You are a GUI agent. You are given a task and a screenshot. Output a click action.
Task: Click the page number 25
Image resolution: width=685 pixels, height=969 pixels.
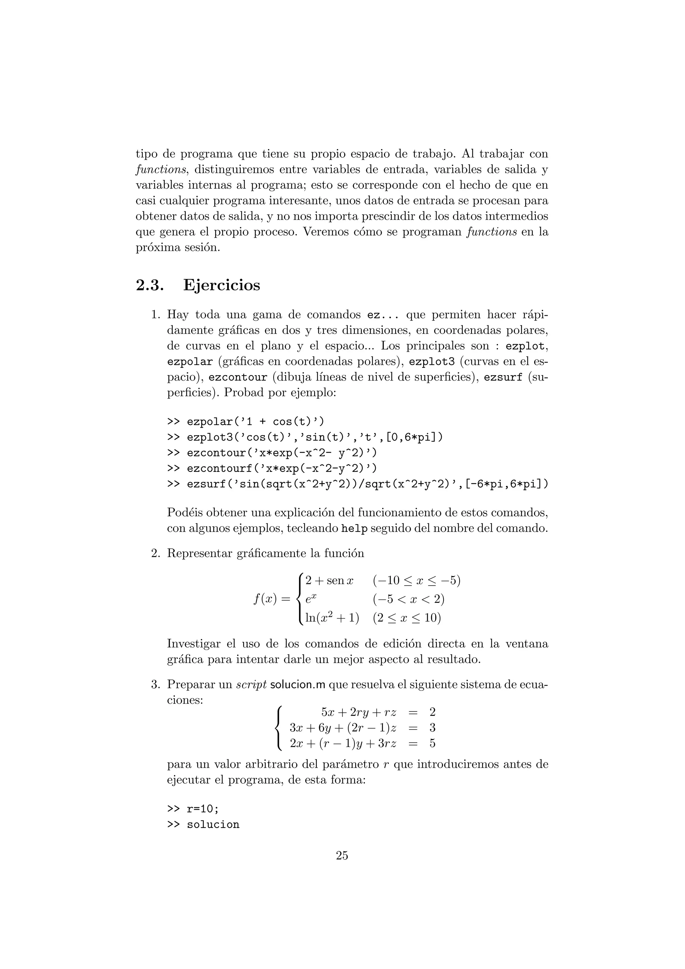[x=342, y=855]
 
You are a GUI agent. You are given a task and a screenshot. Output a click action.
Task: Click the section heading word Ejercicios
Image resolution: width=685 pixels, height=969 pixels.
[x=221, y=285]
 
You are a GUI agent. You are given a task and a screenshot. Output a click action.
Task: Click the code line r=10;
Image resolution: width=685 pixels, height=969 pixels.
[x=193, y=809]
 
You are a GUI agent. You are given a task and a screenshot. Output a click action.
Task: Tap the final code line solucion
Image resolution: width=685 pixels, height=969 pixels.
[x=203, y=824]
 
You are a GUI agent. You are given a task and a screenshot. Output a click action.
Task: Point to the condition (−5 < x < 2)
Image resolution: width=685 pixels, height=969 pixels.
[x=408, y=599]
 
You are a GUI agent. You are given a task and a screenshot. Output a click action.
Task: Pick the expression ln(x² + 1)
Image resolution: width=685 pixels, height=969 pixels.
[x=332, y=618]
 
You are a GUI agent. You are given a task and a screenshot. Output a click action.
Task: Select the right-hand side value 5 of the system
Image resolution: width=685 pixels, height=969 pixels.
[x=432, y=743]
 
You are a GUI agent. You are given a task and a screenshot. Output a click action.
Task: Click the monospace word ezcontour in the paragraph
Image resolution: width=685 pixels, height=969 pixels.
[x=238, y=377]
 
